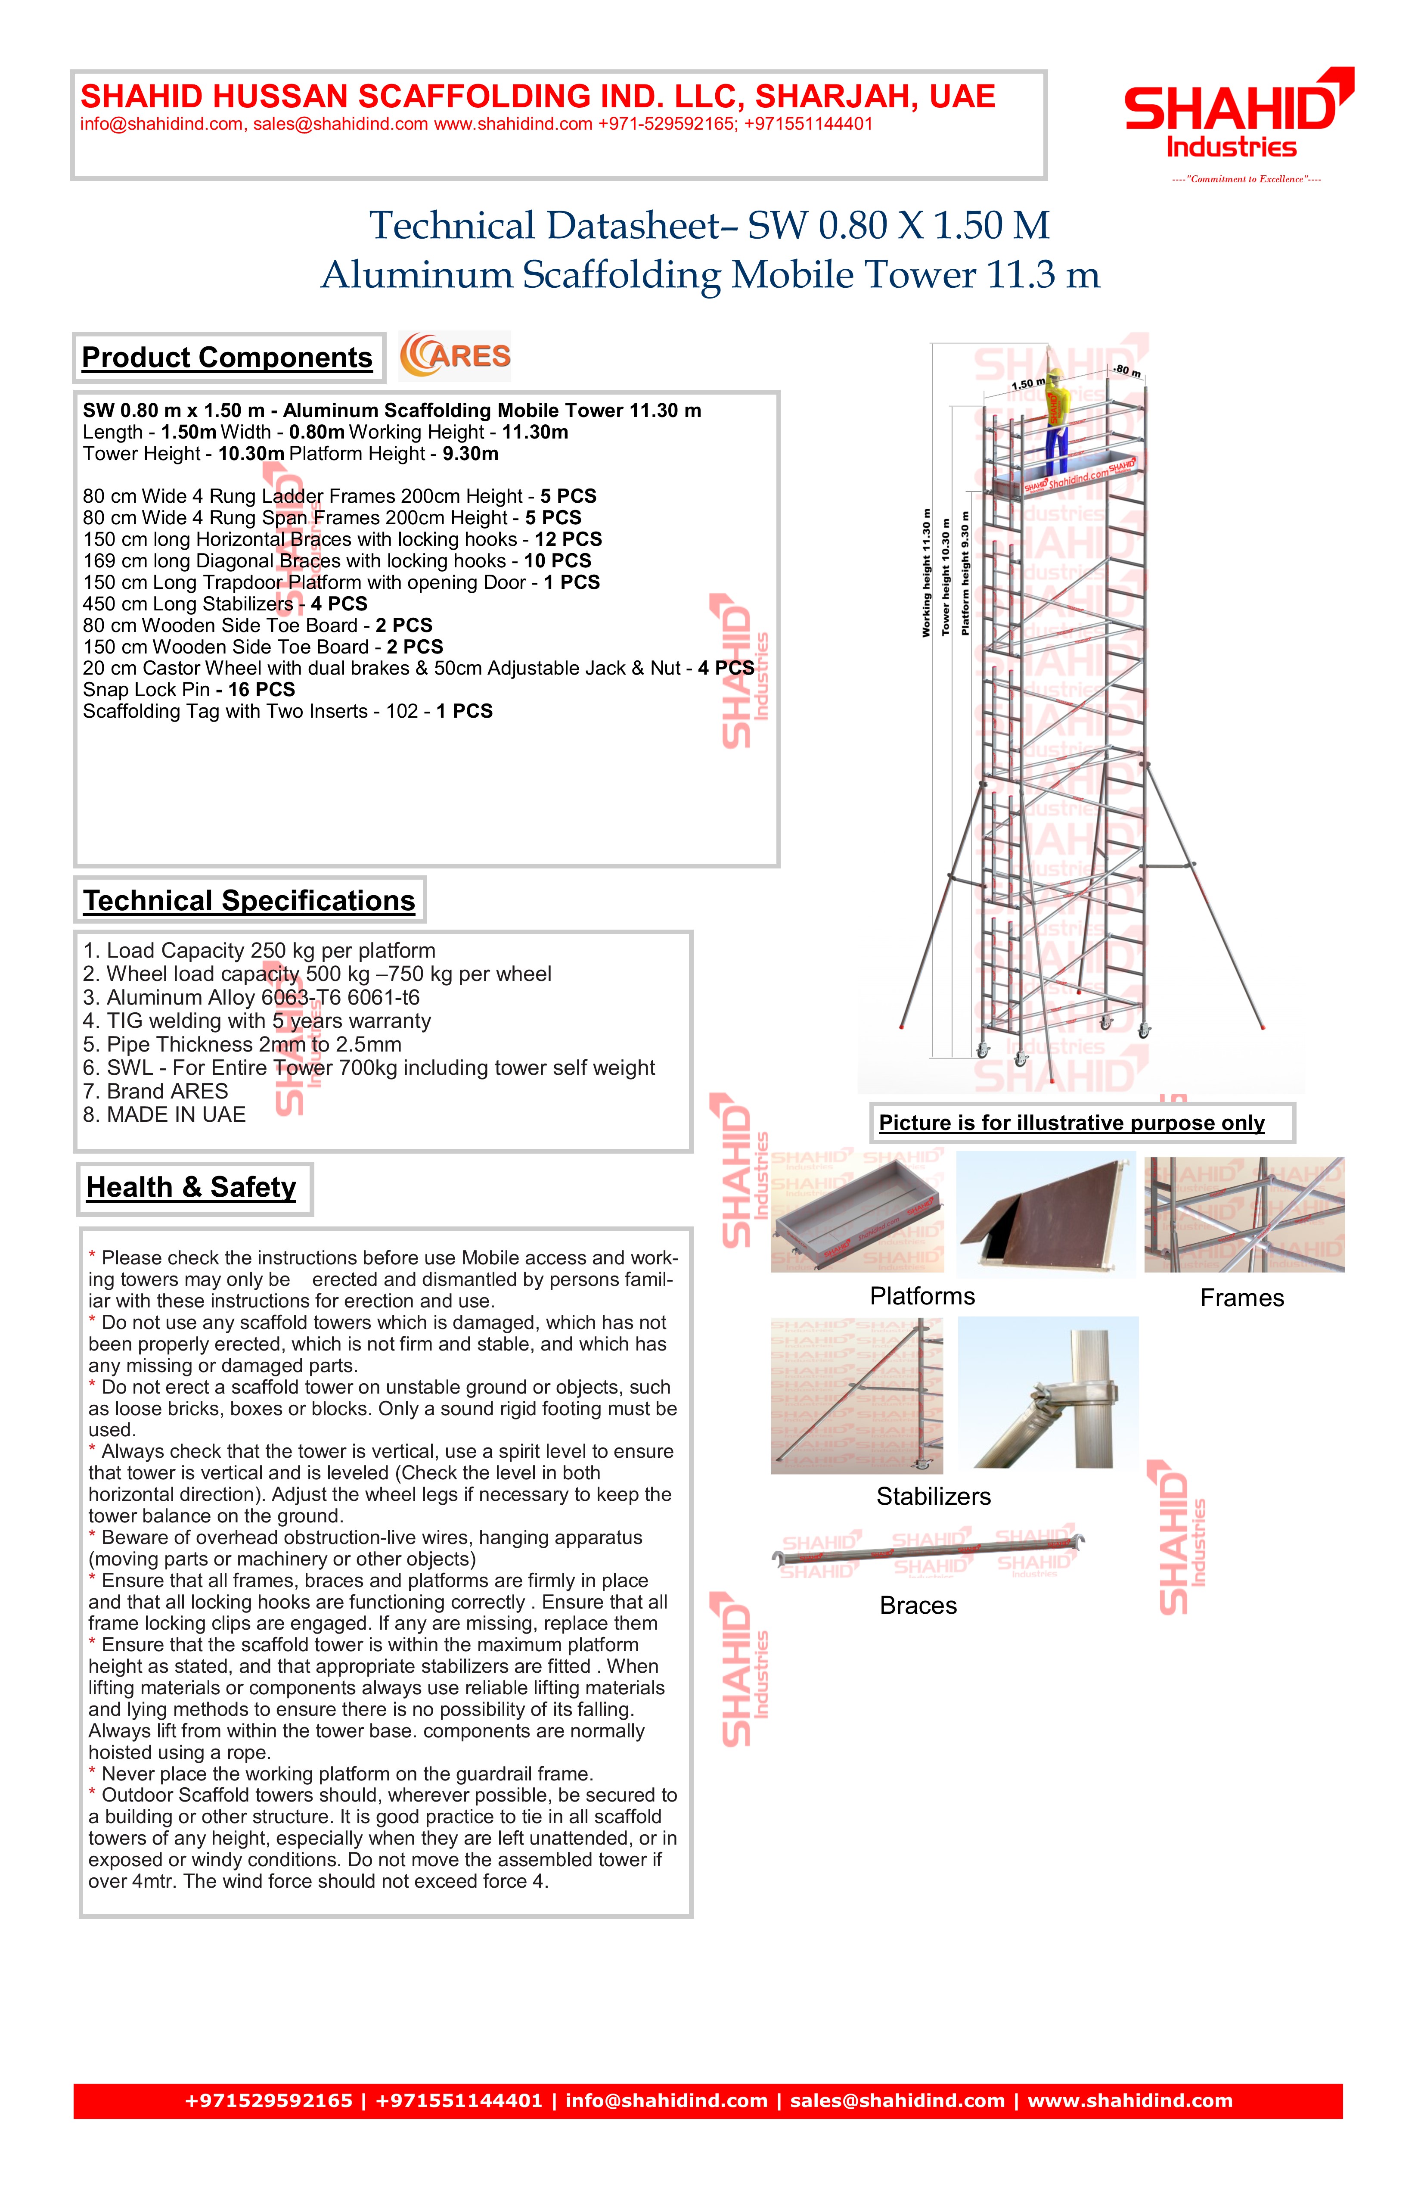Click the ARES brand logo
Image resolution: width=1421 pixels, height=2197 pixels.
455,356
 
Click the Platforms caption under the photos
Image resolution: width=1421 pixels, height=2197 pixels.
922,1296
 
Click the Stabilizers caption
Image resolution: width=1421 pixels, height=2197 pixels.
933,1497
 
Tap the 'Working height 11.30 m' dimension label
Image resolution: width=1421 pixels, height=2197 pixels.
926,573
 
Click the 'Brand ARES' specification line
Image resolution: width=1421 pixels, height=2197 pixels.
155,1091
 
